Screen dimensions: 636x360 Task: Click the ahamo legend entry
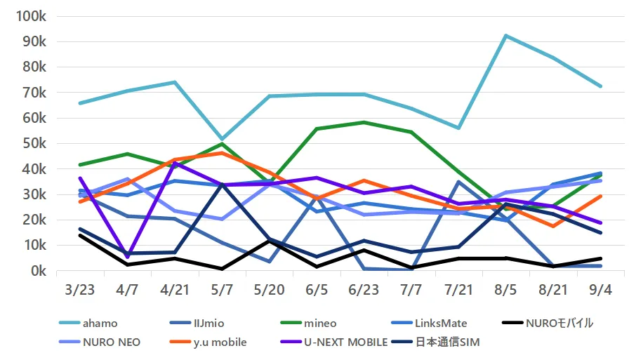click(88, 323)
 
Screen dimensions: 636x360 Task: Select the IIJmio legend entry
click(197, 323)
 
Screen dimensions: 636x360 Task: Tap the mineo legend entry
click(308, 323)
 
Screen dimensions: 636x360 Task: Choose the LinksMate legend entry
click(429, 323)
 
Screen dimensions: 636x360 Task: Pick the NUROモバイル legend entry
click(548, 323)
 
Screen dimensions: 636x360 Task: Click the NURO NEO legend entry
click(100, 342)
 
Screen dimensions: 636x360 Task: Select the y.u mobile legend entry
click(208, 342)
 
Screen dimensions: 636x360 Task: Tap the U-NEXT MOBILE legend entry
click(334, 342)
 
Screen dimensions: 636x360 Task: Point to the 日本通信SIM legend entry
click(436, 342)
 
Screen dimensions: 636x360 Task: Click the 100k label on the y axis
click(31, 16)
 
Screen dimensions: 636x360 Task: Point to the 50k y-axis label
click(34, 144)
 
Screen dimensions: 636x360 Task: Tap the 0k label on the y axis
click(39, 271)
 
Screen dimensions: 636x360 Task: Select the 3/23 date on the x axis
click(80, 290)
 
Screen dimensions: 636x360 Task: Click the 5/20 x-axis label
click(270, 290)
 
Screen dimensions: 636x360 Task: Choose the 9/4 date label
click(600, 290)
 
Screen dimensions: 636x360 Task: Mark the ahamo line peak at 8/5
click(506, 36)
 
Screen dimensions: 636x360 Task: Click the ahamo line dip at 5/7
click(222, 139)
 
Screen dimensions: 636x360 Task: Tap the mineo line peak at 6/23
click(364, 122)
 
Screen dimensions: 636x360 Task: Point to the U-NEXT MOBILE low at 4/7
click(127, 257)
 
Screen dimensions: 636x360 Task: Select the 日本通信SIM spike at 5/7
click(222, 185)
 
